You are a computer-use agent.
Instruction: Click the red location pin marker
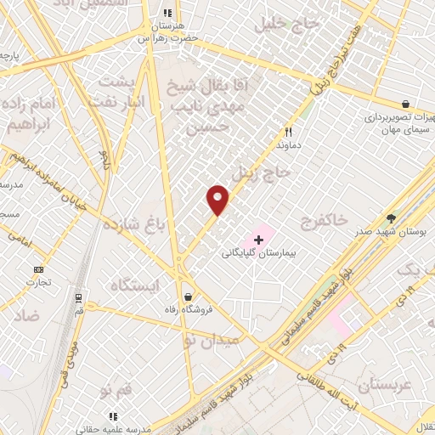click(218, 199)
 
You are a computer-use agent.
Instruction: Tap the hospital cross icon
click(258, 240)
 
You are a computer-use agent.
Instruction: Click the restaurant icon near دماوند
click(288, 133)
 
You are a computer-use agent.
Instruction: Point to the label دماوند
click(289, 145)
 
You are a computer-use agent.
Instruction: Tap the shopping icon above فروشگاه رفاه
click(187, 296)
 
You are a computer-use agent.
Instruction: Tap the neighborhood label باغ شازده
click(131, 226)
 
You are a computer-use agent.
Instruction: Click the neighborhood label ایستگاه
click(134, 285)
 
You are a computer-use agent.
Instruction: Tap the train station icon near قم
click(77, 298)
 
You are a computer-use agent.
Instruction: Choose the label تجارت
click(37, 282)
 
